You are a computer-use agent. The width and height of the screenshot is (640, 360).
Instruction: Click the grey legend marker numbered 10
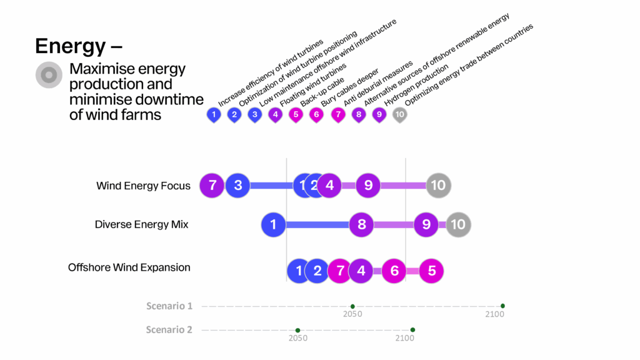tap(399, 114)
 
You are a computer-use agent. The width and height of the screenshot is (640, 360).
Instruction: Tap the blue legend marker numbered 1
tap(214, 114)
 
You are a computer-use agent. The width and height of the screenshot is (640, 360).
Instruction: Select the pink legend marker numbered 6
tap(316, 114)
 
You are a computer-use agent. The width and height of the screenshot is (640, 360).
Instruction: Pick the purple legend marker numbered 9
tap(379, 114)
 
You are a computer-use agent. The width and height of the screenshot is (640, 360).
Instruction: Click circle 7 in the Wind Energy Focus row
tap(212, 185)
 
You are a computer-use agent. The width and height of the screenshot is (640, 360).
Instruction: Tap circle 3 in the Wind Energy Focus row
tap(237, 185)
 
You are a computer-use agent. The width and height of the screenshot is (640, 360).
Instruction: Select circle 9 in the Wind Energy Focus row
tap(368, 185)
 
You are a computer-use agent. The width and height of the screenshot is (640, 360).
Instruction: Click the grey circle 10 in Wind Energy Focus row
tap(438, 185)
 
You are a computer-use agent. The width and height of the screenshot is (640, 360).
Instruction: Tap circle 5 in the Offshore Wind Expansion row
tap(431, 271)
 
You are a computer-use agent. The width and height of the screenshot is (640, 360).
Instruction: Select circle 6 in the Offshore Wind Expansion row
tap(394, 271)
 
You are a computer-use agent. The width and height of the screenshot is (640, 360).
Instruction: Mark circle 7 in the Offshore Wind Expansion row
tap(340, 271)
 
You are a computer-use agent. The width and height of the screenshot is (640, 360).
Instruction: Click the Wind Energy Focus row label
tap(143, 186)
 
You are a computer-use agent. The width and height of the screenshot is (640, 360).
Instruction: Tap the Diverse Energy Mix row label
tap(141, 224)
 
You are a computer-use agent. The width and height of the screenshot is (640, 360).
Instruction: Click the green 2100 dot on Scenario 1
tap(502, 306)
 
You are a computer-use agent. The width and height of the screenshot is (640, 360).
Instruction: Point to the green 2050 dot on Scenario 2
tap(297, 330)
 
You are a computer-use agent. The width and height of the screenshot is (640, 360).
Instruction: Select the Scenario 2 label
tap(169, 329)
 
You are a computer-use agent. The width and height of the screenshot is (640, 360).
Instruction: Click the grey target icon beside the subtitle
tap(47, 75)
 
